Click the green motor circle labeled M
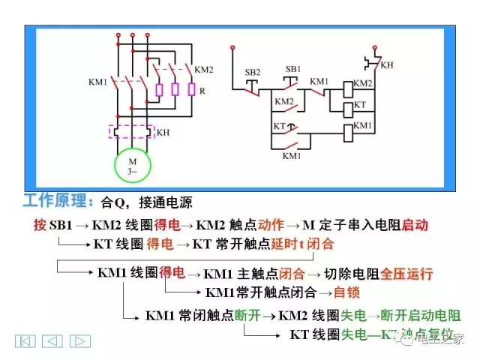[x=132, y=166]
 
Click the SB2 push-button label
[x=253, y=72]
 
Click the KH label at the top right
[x=386, y=65]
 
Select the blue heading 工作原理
[x=58, y=202]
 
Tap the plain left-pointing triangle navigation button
[x=52, y=341]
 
